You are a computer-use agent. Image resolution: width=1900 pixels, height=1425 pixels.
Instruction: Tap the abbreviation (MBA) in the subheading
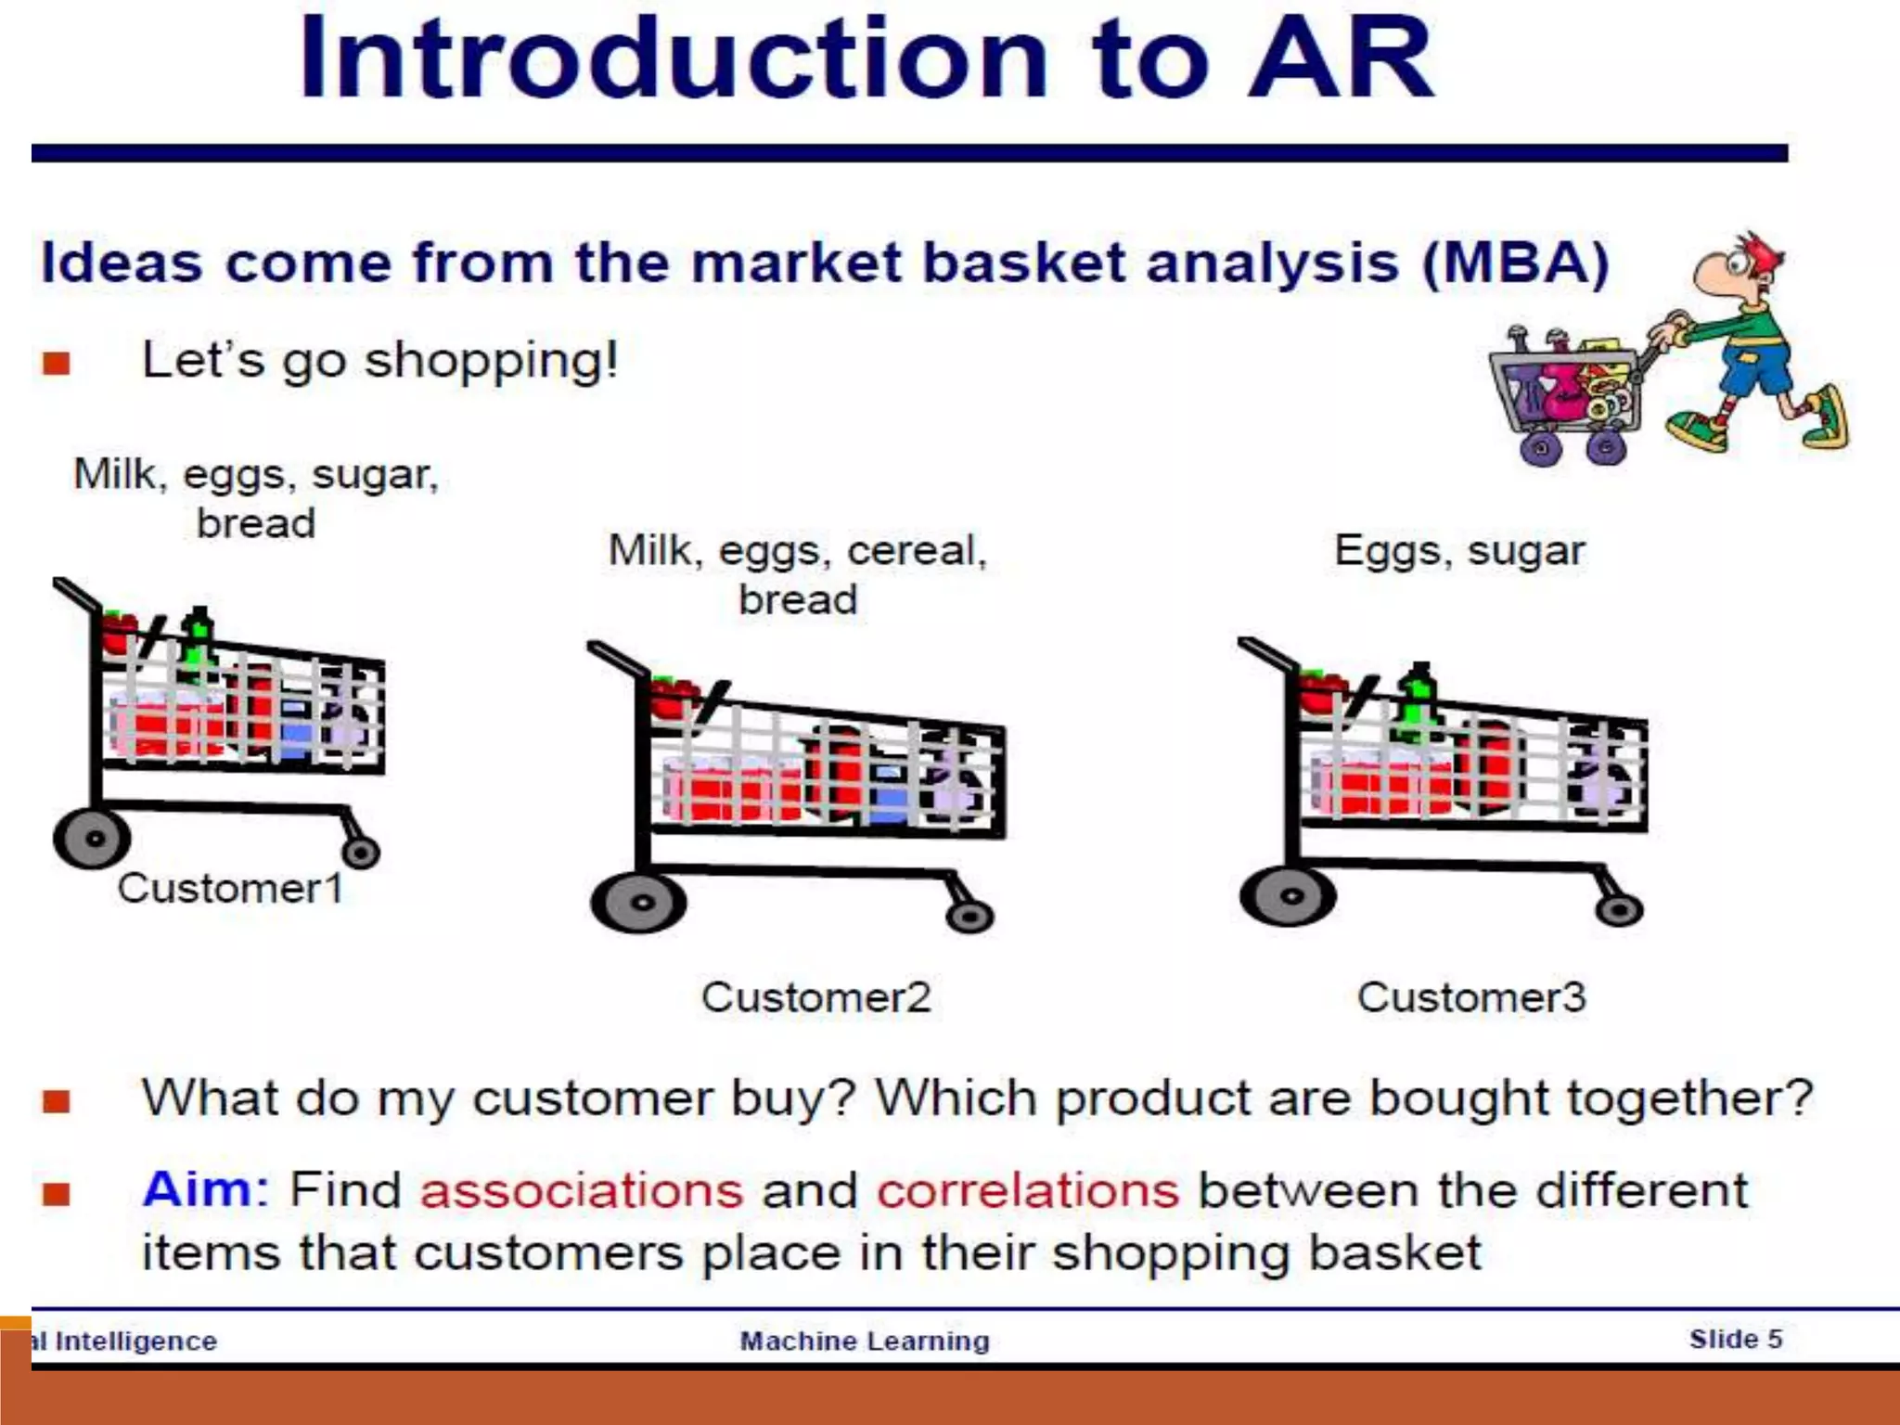pyautogui.click(x=1516, y=263)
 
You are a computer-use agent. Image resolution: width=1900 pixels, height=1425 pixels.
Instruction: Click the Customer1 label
pyautogui.click(x=230, y=889)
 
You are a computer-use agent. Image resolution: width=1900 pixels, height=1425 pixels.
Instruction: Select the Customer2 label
pyautogui.click(x=815, y=997)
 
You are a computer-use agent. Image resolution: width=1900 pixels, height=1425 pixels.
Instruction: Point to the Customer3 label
pyautogui.click(x=1471, y=997)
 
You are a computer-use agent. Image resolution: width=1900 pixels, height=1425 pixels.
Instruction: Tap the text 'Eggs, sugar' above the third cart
pyautogui.click(x=1459, y=550)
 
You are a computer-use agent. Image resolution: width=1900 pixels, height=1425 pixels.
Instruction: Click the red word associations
pyautogui.click(x=582, y=1190)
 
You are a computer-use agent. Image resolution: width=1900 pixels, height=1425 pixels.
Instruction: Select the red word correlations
pyautogui.click(x=1028, y=1190)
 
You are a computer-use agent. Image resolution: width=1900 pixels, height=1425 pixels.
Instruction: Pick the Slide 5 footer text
pyautogui.click(x=1735, y=1339)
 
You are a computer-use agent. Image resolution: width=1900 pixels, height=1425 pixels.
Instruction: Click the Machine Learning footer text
pyautogui.click(x=865, y=1341)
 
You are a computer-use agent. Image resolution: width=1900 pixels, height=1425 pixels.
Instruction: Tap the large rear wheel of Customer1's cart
pyautogui.click(x=92, y=838)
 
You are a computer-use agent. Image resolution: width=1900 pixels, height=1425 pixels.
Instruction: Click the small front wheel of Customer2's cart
pyautogui.click(x=969, y=917)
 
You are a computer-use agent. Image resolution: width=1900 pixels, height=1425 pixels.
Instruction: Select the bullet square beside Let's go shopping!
pyautogui.click(x=57, y=363)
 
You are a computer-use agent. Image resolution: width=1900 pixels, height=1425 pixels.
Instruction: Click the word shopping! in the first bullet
pyautogui.click(x=492, y=361)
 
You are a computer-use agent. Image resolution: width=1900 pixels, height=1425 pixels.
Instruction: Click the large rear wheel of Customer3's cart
pyautogui.click(x=1289, y=896)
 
